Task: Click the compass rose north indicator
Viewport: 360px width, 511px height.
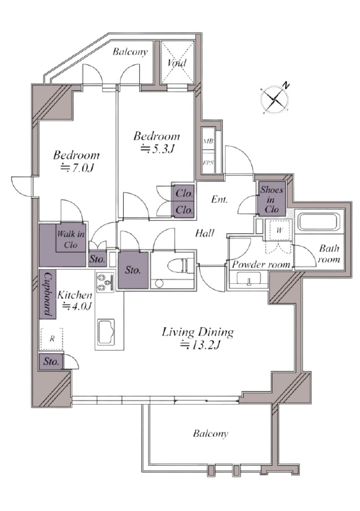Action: pos(286,86)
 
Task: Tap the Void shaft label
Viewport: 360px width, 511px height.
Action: pos(177,62)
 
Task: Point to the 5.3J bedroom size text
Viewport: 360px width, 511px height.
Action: pos(158,149)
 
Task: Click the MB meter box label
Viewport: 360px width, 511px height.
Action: pos(208,142)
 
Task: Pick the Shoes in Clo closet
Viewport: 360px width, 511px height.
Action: pos(272,199)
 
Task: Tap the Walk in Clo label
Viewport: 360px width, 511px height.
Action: pos(71,239)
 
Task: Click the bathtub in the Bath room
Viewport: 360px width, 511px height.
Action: pos(319,221)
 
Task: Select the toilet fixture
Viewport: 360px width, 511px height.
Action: pos(180,265)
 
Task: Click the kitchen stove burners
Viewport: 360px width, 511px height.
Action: pos(105,282)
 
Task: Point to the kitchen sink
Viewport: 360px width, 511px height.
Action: pos(106,332)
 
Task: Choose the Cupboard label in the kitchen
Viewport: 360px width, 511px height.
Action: pos(48,294)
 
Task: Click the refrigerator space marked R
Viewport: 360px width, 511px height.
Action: pos(52,339)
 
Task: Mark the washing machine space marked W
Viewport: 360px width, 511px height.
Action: pos(279,230)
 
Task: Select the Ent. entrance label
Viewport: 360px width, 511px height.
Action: pos(219,199)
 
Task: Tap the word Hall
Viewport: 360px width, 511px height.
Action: pos(205,233)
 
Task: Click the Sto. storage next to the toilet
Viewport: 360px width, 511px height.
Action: pos(133,270)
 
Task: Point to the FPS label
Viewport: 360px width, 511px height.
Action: pos(208,162)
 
